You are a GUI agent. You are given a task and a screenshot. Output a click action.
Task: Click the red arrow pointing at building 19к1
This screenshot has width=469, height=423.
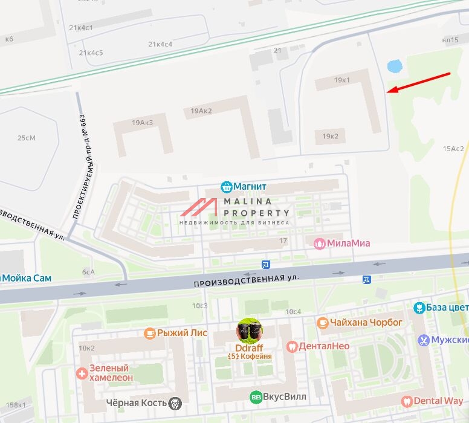419,83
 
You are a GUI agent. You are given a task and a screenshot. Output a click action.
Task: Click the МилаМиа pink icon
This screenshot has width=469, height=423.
319,243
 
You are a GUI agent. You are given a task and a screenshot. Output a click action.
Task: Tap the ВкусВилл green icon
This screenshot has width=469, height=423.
256,397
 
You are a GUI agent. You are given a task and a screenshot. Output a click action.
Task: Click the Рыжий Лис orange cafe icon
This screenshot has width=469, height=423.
149,333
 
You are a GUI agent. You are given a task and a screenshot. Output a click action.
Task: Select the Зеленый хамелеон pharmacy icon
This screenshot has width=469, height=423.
82,373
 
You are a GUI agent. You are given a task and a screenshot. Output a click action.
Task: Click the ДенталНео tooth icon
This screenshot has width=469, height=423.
292,346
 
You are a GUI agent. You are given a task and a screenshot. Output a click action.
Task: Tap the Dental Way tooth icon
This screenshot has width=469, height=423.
406,401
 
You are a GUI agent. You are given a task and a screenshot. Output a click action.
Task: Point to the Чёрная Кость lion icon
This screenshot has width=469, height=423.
175,403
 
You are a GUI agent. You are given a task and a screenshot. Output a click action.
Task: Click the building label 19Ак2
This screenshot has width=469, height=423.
202,111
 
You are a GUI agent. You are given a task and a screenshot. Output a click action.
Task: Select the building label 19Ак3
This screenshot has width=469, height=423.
143,123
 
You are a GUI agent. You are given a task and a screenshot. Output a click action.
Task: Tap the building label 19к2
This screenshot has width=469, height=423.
330,137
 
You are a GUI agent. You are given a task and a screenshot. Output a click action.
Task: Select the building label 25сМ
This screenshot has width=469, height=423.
26,138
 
